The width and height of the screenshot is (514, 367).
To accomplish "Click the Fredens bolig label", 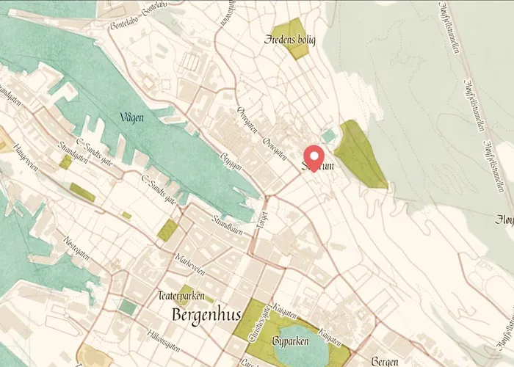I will coord(290,40).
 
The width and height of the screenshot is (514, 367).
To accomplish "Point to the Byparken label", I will coord(291,341).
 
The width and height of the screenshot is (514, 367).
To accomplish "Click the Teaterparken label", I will coord(180,297).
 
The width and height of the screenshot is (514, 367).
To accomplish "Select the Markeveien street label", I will coord(189,261).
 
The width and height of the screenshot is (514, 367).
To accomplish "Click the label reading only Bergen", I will coord(384,362).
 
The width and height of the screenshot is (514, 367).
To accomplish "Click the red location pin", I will coord(315,156).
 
